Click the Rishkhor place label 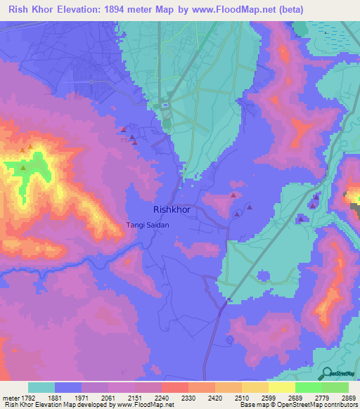point(172,209)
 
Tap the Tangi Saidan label point(147,225)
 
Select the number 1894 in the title point(122,10)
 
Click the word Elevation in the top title point(80,10)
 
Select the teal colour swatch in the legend point(41,387)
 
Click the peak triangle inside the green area point(23,167)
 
